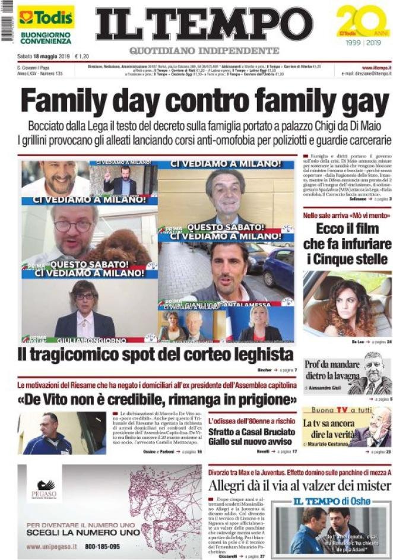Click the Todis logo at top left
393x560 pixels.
tap(45, 17)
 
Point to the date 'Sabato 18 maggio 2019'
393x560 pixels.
tap(43, 56)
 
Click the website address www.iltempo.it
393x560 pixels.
tap(375, 68)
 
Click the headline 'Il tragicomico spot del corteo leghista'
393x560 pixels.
tap(156, 355)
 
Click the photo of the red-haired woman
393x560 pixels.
tap(347, 304)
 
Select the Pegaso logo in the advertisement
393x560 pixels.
tap(45, 488)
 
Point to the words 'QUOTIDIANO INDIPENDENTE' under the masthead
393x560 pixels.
tap(204, 50)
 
